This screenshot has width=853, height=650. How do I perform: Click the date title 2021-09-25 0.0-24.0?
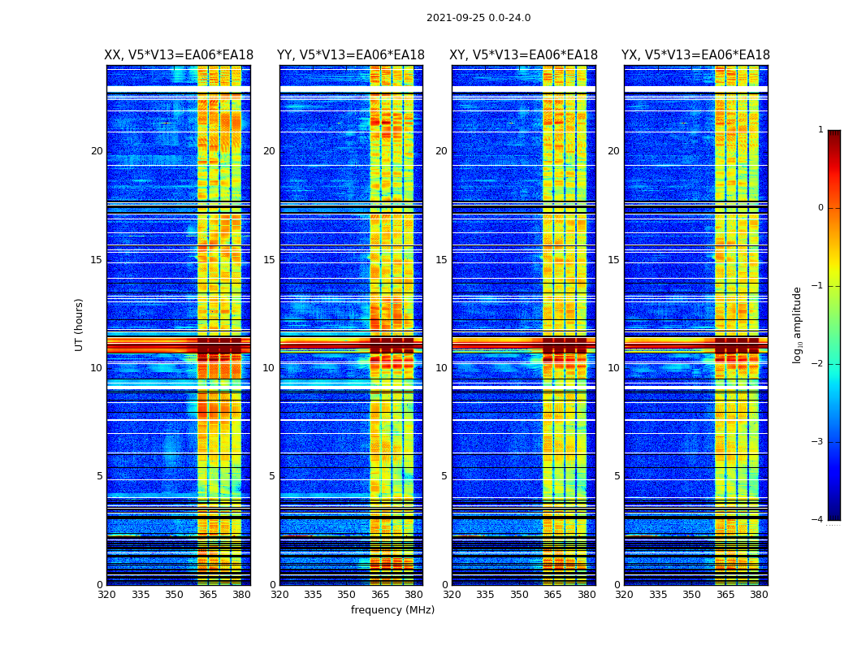tap(478, 18)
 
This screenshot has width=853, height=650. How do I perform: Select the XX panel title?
tap(179, 55)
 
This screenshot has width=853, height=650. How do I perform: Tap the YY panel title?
tap(351, 55)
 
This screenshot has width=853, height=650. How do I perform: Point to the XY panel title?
tap(524, 55)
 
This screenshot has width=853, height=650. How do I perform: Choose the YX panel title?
tap(695, 55)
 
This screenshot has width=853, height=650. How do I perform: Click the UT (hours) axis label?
tap(80, 324)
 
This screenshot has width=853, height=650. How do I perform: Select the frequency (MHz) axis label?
tap(392, 610)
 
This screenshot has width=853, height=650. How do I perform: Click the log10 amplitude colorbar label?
tap(798, 324)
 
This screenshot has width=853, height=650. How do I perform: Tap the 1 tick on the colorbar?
tap(820, 130)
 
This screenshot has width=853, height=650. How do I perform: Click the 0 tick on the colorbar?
tap(820, 208)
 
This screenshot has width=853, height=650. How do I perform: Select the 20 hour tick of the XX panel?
tap(97, 151)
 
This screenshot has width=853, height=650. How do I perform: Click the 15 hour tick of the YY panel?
tap(269, 260)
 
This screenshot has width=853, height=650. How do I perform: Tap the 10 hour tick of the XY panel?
tap(441, 368)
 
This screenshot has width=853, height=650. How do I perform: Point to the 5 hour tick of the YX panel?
tap(617, 476)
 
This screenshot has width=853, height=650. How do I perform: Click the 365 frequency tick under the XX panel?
tap(208, 595)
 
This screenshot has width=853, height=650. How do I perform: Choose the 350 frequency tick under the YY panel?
tap(347, 595)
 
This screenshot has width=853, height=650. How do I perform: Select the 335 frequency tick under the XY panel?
tap(486, 595)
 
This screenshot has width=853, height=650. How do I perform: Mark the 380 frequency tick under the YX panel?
tap(759, 595)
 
